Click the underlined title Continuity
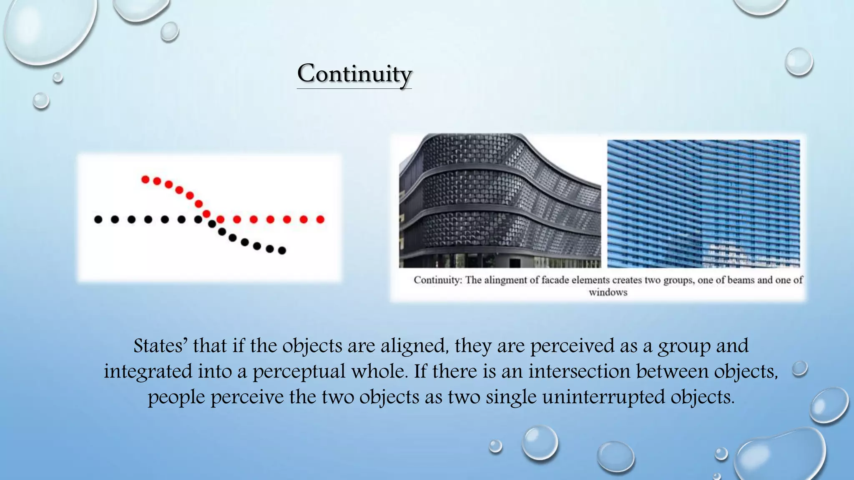pos(354,74)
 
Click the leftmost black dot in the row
pos(98,220)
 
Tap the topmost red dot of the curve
pos(145,180)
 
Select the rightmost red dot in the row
pos(320,220)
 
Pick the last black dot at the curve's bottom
pos(282,250)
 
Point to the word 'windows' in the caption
pos(608,292)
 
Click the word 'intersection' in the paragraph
pos(579,371)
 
